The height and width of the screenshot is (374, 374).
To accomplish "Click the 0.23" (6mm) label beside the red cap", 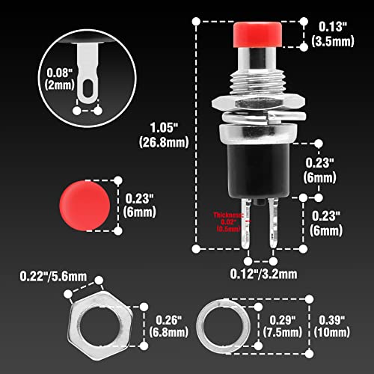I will point(141,205).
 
